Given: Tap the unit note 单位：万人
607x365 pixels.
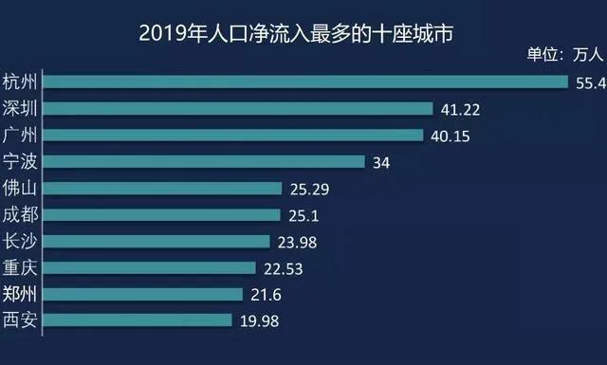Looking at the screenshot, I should (564, 54).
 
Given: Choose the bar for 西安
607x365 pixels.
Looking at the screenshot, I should (138, 320).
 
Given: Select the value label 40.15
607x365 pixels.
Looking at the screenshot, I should (451, 137).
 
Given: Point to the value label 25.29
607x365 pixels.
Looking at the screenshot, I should (307, 190).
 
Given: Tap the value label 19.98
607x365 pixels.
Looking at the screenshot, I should (259, 322).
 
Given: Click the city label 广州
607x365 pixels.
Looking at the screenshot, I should (21, 135).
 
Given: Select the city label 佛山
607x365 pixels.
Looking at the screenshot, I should (21, 188).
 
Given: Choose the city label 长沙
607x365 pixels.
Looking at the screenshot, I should (21, 241).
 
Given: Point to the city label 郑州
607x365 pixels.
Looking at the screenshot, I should (21, 294).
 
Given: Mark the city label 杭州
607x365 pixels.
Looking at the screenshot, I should (21, 81).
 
